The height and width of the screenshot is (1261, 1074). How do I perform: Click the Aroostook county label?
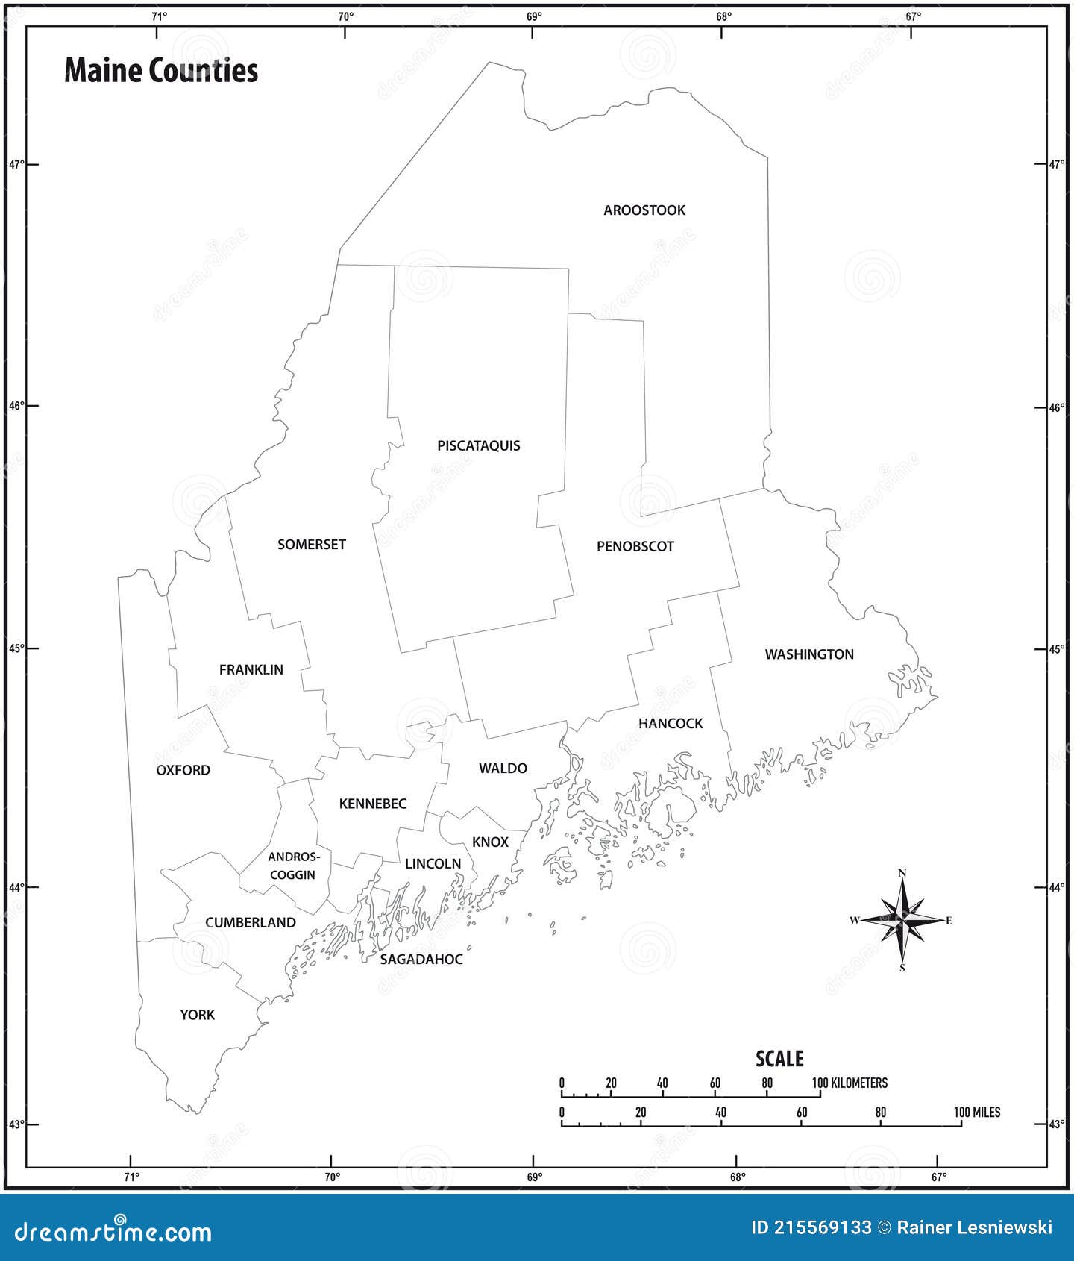coord(644,210)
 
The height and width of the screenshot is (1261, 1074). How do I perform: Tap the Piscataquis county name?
coord(479,446)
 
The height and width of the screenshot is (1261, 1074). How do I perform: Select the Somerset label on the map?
coord(312,545)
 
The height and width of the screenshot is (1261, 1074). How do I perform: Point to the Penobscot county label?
coord(635,547)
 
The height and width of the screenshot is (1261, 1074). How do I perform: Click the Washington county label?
coord(809,654)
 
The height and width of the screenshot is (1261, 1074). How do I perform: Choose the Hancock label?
coord(671,723)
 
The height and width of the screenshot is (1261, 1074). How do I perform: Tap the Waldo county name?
coord(503,769)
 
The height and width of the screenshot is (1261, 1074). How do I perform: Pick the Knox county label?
coord(490,842)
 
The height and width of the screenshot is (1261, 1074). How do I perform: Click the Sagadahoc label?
coord(421,960)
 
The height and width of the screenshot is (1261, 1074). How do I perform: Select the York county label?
coord(197,1015)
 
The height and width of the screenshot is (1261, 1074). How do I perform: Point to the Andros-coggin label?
coord(293,866)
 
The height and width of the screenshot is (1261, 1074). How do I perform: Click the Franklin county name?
coord(251,670)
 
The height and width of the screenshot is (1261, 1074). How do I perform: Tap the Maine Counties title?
coord(161,71)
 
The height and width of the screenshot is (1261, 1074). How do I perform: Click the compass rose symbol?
coord(902,920)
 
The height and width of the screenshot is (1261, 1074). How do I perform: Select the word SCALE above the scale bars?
coord(779,1059)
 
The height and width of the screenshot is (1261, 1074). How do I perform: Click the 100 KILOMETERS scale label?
coord(850,1083)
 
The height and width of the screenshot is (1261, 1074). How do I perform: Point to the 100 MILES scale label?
coord(977,1113)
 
